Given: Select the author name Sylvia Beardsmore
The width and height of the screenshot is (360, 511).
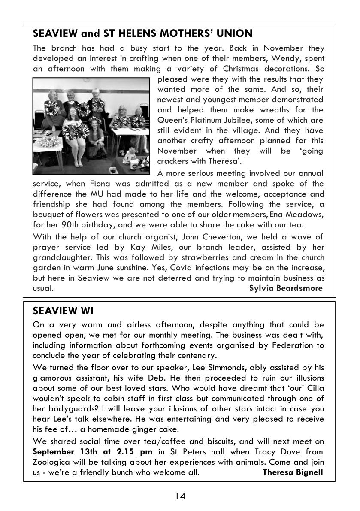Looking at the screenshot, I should (x=285, y=288).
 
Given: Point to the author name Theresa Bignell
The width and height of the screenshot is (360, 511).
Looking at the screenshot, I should (x=293, y=472).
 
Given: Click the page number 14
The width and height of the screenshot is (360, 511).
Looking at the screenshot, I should (x=180, y=496).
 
